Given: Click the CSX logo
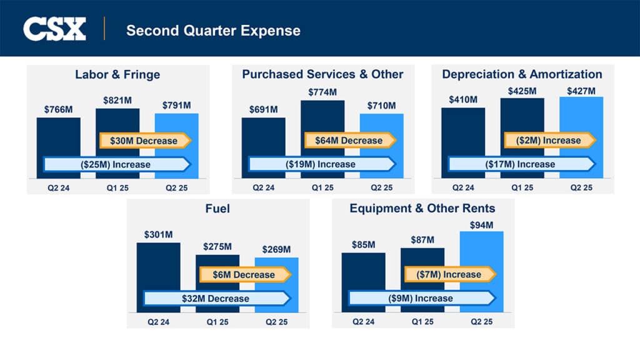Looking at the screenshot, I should coord(54,29).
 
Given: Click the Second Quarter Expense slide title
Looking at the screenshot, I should coord(213,30).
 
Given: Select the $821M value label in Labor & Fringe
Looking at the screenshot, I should coord(117,100).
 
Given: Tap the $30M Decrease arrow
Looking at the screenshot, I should coord(144,141).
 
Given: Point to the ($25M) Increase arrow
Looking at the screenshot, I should coord(117,164).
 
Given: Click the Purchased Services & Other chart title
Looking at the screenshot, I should coord(322,74).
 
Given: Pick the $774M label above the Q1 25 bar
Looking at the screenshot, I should coord(322,92).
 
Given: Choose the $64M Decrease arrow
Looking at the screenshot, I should coord(350,141).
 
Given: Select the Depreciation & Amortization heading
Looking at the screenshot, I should coord(522,74).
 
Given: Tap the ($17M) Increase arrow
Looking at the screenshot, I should coord(521,164).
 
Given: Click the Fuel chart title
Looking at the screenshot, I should coord(217,208).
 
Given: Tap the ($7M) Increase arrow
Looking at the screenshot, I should coord(450,274).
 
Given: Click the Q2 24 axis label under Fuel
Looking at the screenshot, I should coord(158,322).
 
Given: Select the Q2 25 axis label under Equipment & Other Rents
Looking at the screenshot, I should coord(481,322).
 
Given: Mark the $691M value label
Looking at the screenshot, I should coord(263,109).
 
